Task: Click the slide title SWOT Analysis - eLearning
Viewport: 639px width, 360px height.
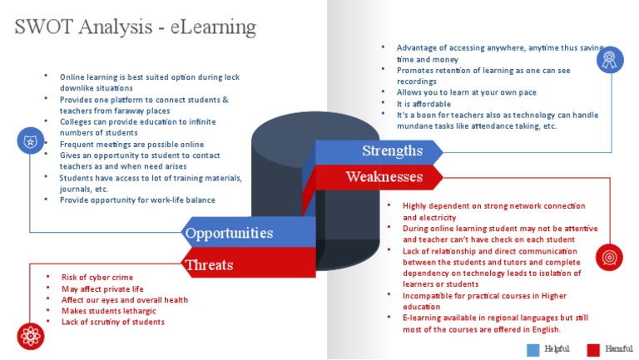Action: (135, 27)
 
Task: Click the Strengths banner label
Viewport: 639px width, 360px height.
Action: (392, 151)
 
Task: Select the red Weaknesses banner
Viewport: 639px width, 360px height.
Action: (384, 176)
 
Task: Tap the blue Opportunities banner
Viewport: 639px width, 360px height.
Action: (229, 233)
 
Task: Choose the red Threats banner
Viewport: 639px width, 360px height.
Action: (209, 264)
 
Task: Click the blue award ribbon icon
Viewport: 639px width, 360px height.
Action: (610, 58)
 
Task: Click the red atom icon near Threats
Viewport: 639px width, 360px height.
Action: (31, 335)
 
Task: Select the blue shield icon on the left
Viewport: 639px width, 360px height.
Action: (31, 141)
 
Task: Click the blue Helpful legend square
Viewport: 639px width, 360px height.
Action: (533, 349)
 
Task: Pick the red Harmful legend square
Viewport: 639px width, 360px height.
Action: (593, 349)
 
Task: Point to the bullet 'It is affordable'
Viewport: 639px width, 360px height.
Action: (424, 104)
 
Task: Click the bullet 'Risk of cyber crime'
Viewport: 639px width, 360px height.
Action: (97, 277)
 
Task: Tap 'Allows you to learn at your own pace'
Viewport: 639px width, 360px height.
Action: (466, 92)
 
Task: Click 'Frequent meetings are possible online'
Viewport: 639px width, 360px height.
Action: (131, 144)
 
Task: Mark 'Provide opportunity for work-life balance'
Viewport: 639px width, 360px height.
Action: (137, 200)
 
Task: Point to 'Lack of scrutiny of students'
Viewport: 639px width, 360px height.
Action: (113, 322)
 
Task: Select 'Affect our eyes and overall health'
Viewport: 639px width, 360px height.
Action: (125, 299)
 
